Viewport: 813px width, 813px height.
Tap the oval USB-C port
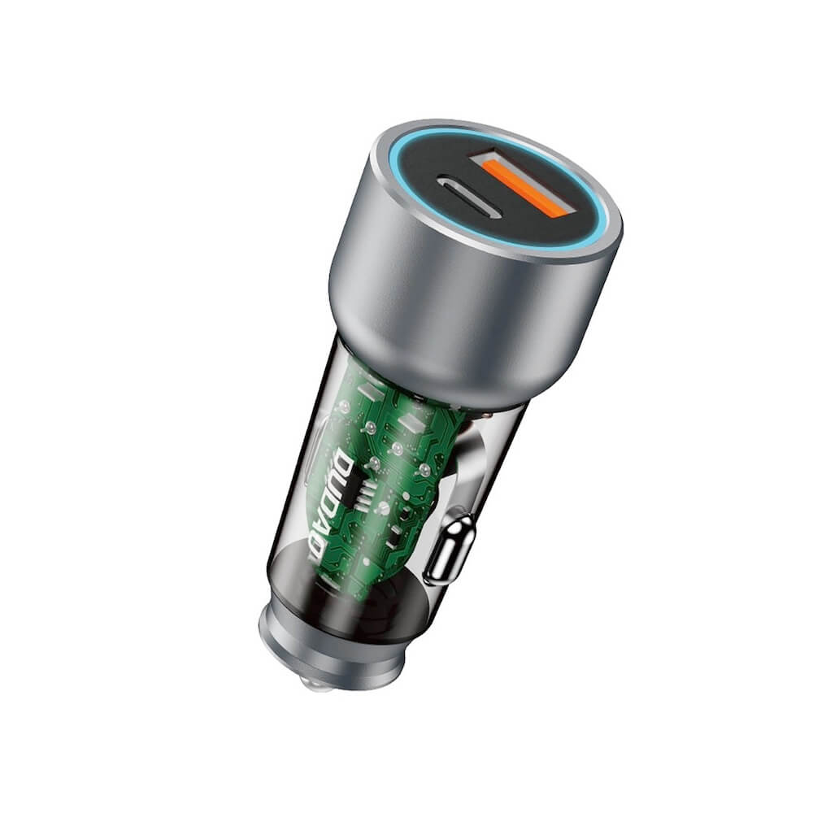[x=469, y=195]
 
